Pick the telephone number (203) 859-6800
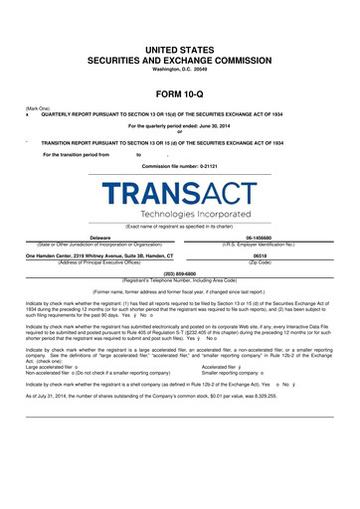[x=180, y=271]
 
